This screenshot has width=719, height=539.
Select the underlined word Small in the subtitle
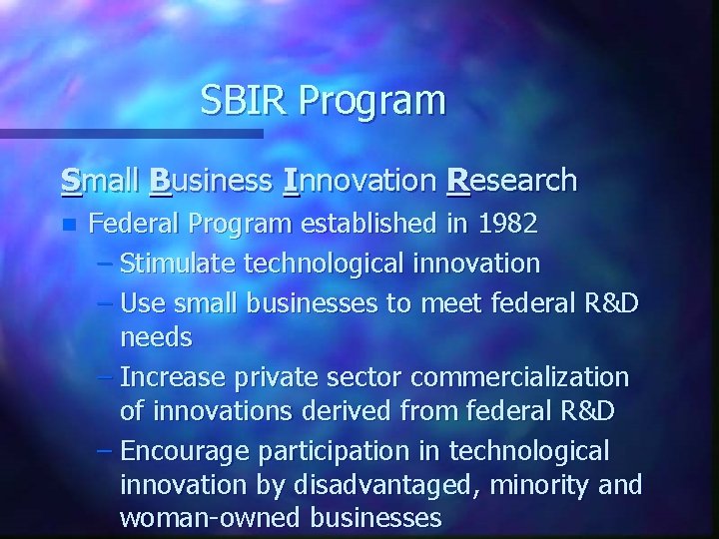click(x=100, y=181)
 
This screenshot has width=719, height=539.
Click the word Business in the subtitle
click(x=211, y=182)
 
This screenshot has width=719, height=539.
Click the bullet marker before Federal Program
click(x=68, y=225)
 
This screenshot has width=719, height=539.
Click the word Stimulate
click(x=178, y=264)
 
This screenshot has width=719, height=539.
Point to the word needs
click(x=156, y=337)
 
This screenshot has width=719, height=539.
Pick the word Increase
click(x=173, y=377)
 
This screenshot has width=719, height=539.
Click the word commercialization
click(x=519, y=377)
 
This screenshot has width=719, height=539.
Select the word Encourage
click(x=184, y=451)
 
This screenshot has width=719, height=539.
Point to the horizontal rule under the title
click(x=130, y=133)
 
